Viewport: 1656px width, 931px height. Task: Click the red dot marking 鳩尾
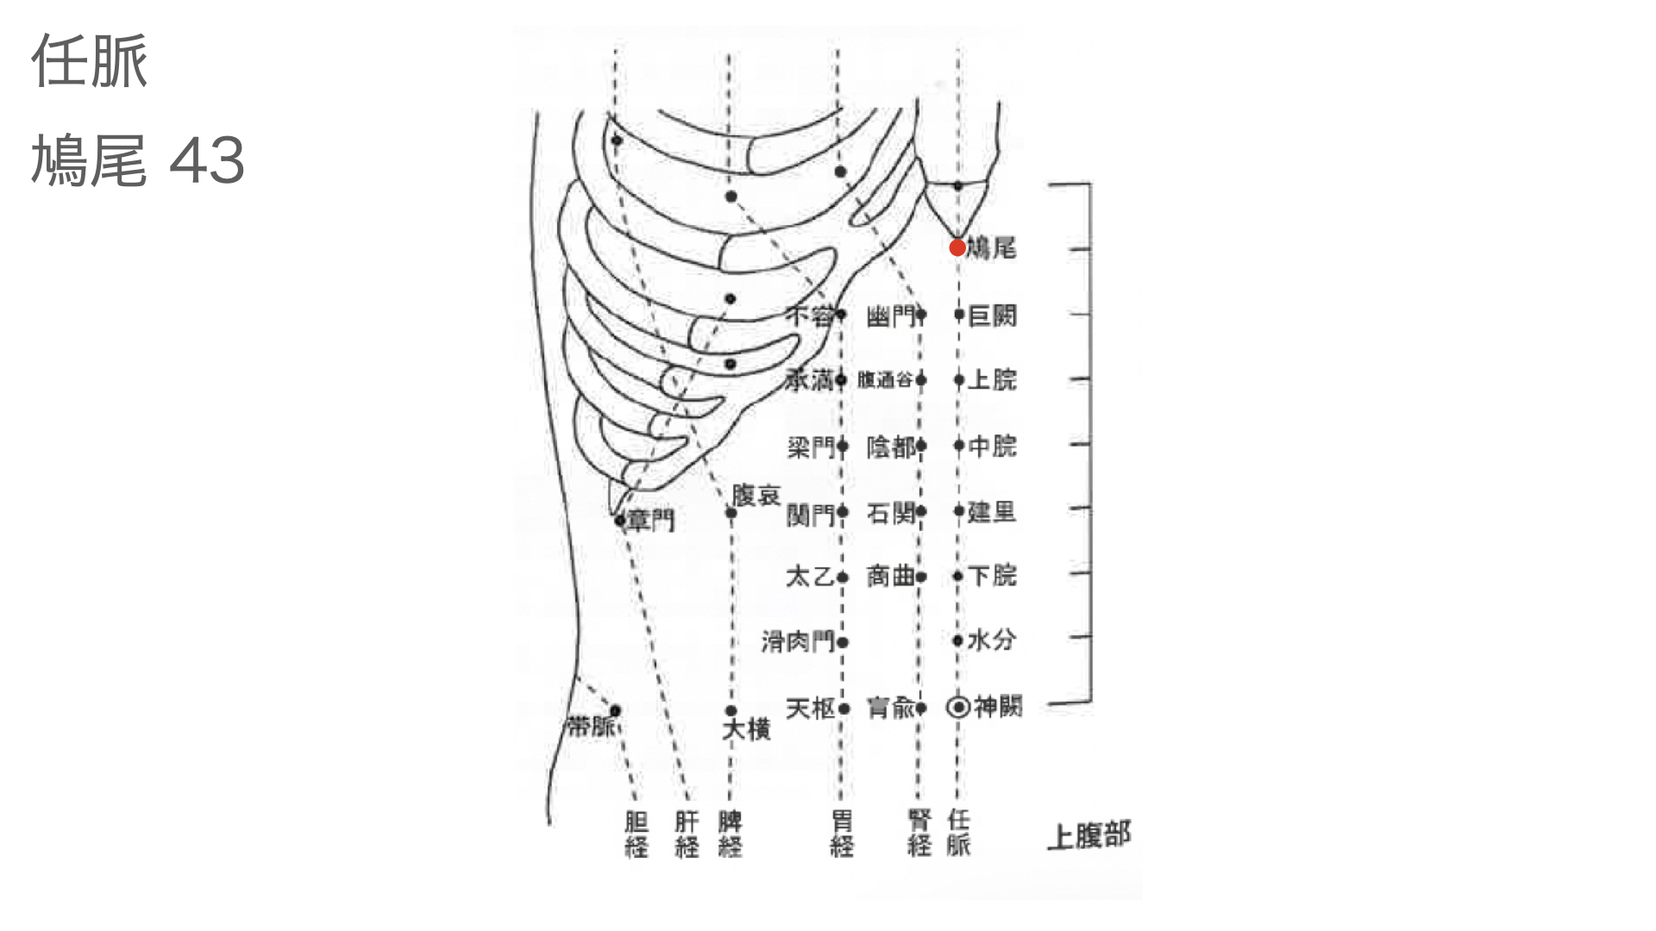point(957,248)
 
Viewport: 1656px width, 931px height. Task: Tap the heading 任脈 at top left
point(90,62)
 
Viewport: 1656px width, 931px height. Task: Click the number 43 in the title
point(207,161)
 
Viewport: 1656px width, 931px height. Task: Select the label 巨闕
point(993,316)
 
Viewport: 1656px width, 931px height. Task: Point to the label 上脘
point(993,379)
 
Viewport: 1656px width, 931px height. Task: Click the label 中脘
point(993,446)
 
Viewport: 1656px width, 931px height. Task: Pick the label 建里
point(992,512)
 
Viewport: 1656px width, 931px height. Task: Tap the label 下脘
point(993,575)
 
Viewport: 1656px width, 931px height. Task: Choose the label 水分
point(992,640)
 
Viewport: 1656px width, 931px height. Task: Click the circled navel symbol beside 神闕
point(958,707)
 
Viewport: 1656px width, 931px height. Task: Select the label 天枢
point(811,709)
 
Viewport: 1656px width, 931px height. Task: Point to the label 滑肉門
point(798,641)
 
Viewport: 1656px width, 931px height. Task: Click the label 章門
point(651,520)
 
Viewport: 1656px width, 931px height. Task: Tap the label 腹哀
point(756,495)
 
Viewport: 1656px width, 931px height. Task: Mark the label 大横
point(746,729)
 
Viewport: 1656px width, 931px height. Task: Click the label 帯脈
point(592,726)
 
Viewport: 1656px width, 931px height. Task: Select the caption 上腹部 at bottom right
point(1088,835)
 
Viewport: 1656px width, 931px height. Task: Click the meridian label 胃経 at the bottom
point(842,834)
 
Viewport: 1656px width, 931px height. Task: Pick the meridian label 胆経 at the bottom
point(637,834)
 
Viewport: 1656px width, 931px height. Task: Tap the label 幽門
point(891,317)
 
